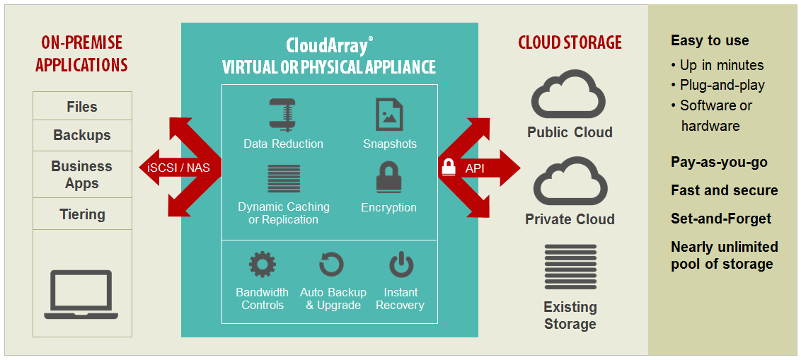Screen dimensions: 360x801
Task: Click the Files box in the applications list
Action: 82,107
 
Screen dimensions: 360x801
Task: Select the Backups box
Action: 82,135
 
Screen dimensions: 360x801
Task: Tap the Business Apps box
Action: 82,175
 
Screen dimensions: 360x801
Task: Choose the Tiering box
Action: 82,214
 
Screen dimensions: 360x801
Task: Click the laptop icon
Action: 81,294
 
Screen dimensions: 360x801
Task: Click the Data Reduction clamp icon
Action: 283,115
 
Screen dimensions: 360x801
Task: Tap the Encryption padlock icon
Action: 389,178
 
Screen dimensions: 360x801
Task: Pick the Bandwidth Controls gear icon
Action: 262,265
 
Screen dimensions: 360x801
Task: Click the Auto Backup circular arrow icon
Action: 331,265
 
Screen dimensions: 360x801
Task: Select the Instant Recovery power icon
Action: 400,265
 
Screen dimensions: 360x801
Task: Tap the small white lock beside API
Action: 449,168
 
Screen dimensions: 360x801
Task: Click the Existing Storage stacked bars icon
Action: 570,267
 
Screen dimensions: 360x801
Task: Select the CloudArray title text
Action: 328,46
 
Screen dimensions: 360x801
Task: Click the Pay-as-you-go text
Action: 719,163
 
